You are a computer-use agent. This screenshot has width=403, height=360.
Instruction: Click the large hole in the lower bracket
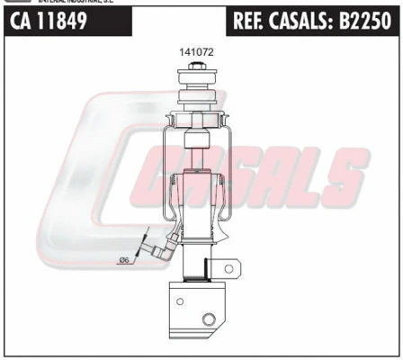tap(209, 319)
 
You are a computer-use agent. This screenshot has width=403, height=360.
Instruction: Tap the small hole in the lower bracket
tap(181, 301)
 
